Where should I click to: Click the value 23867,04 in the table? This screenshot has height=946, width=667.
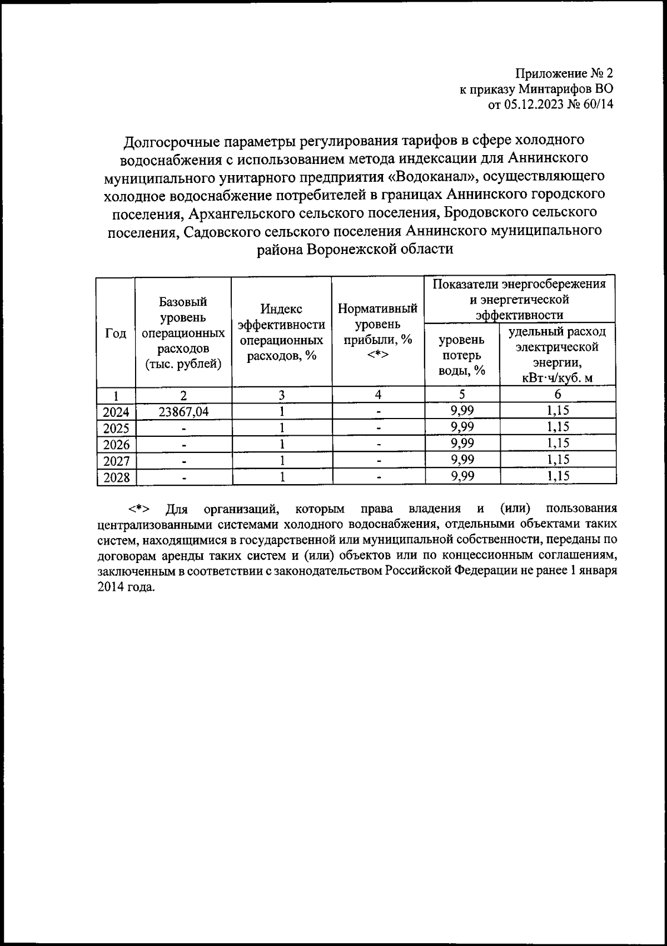tap(183, 411)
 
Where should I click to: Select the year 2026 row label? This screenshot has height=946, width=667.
tap(116, 445)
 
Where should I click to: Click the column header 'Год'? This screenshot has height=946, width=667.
tap(116, 333)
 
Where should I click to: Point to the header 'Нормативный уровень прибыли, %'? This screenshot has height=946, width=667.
tap(378, 331)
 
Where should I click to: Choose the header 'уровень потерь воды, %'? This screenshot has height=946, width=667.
tap(462, 355)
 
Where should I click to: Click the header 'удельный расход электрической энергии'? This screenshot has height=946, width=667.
tap(557, 355)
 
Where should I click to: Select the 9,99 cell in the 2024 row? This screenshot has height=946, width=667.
tap(462, 411)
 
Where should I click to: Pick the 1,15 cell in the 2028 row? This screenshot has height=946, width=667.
tap(558, 476)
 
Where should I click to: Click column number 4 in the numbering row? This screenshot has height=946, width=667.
tap(378, 395)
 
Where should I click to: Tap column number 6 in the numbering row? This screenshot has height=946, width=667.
tap(558, 395)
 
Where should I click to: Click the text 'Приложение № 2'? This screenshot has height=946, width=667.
tap(564, 73)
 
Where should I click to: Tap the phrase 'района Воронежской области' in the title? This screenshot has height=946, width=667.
tap(355, 249)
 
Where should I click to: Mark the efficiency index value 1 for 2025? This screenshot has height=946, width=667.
tap(282, 428)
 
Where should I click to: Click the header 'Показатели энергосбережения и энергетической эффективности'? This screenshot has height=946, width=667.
tap(519, 299)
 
